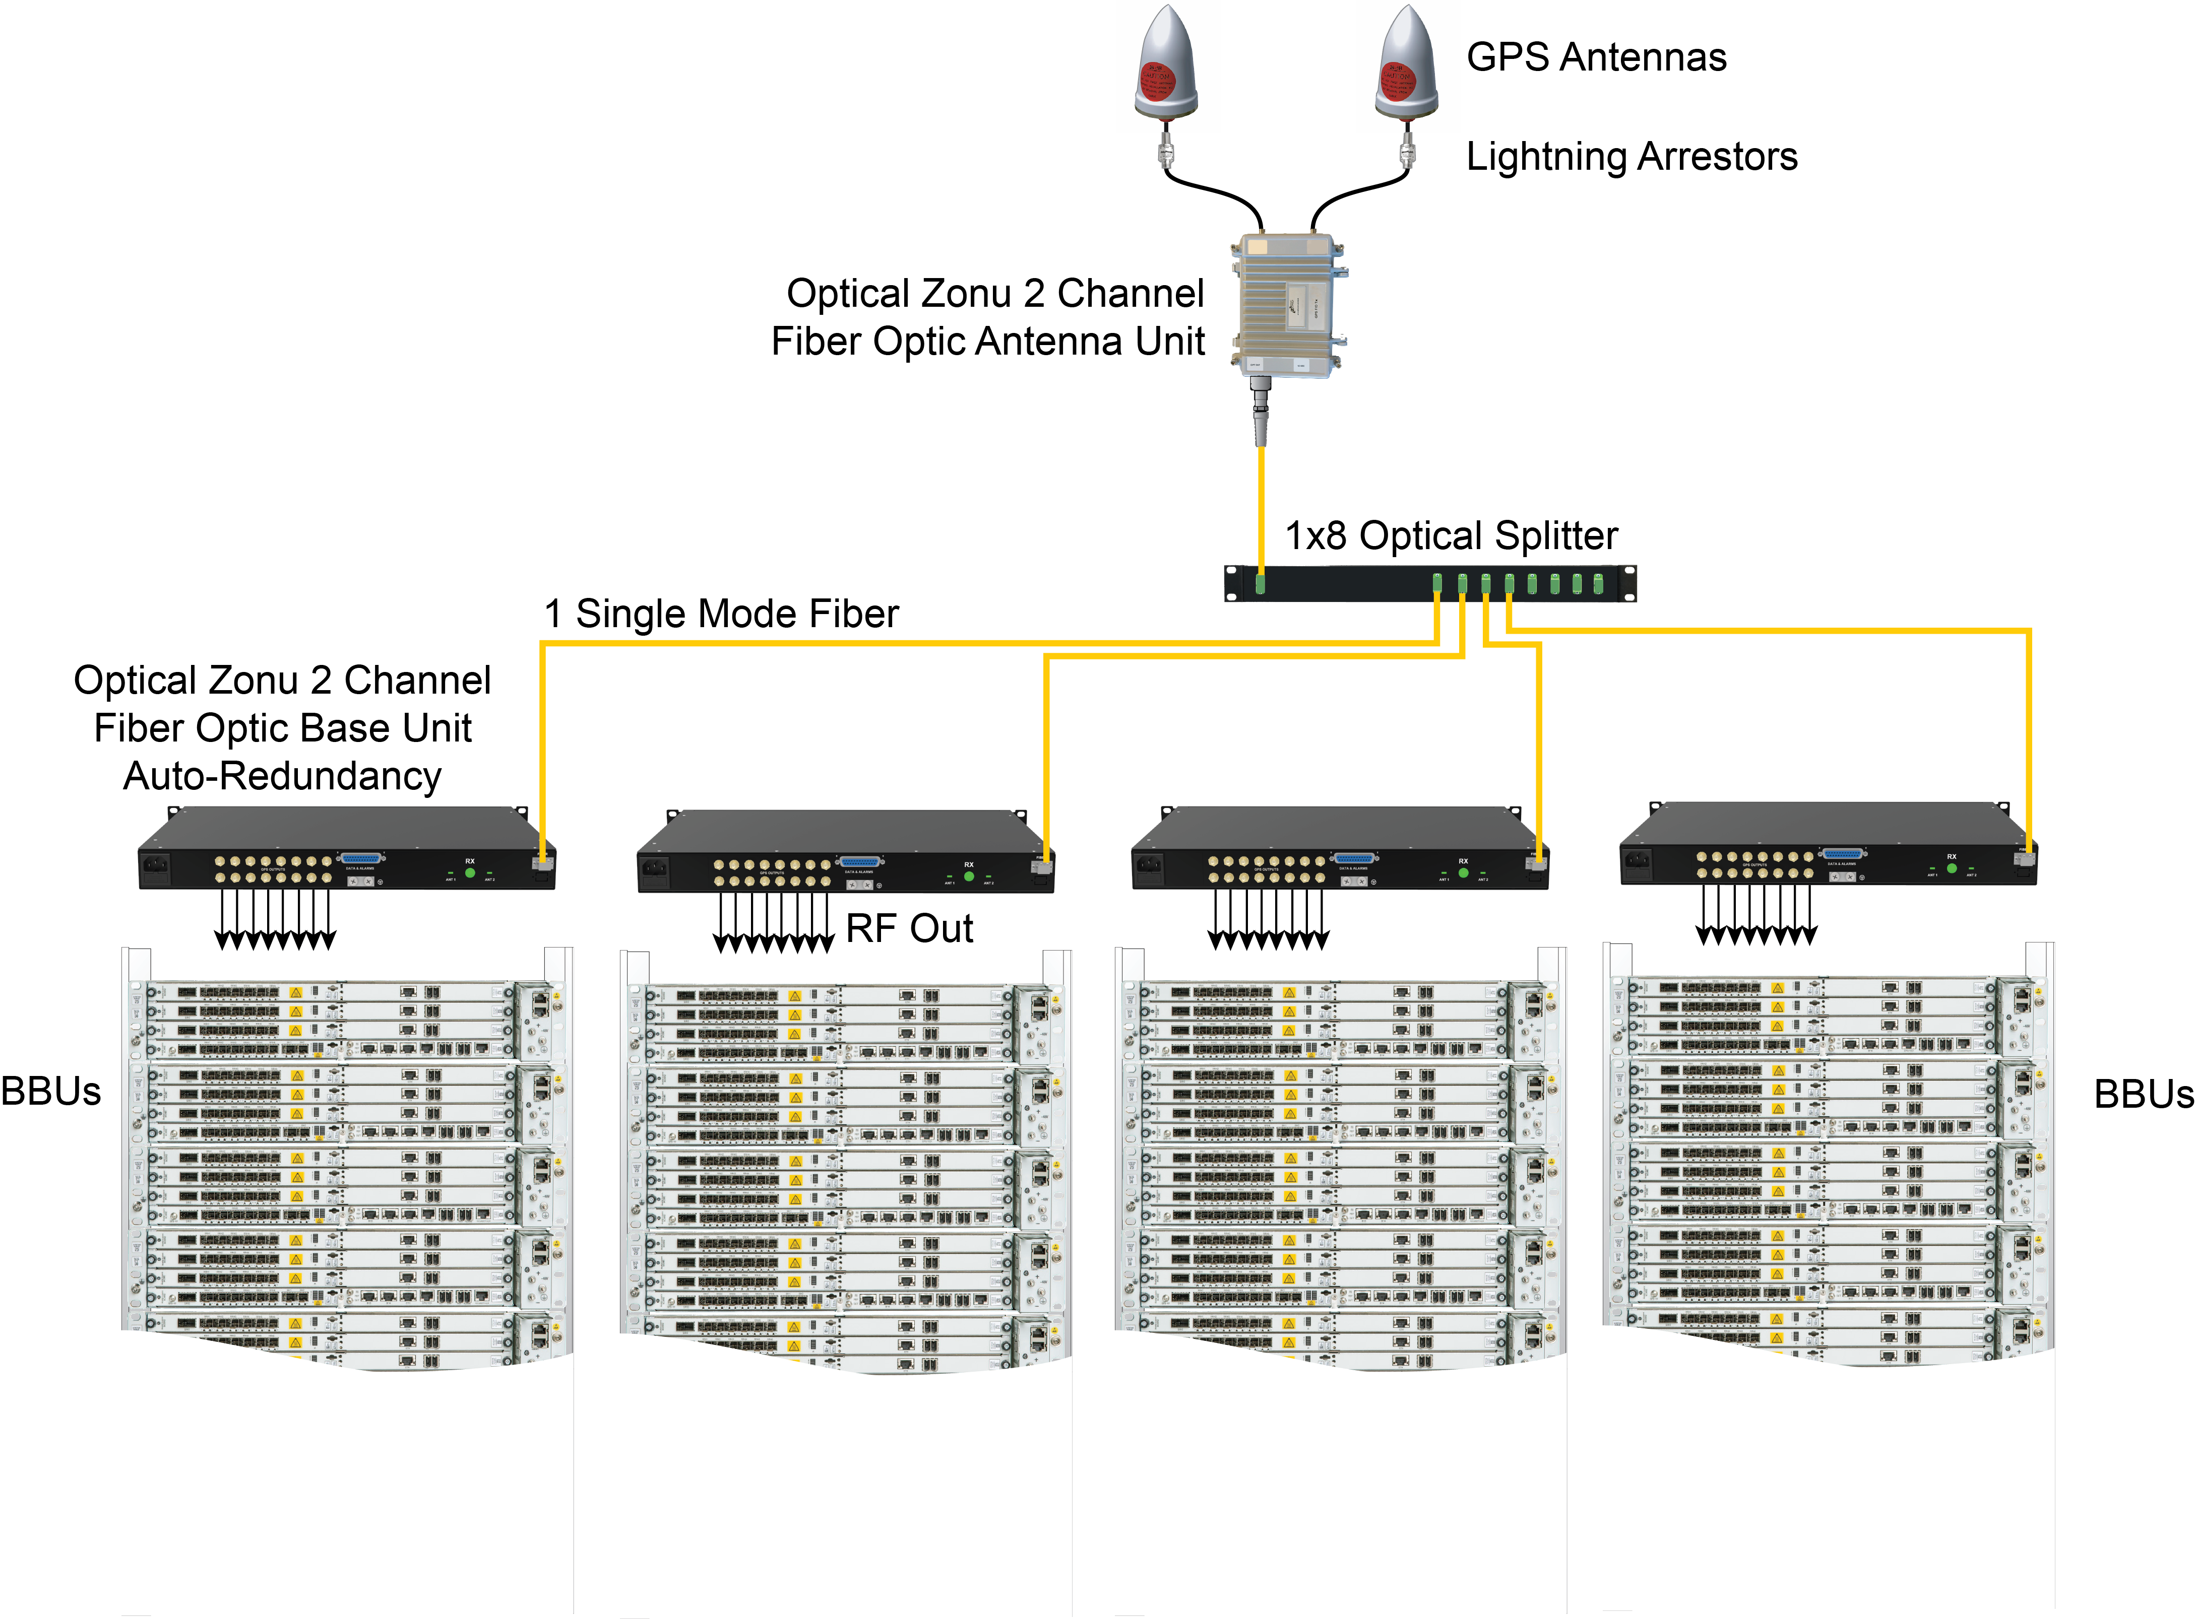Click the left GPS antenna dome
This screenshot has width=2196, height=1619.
[x=1167, y=63]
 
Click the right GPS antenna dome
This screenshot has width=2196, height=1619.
[x=1407, y=63]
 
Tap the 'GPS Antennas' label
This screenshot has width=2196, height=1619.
[x=1596, y=57]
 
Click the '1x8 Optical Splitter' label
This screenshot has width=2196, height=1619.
[x=1451, y=536]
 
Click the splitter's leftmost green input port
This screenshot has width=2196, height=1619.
[x=1261, y=584]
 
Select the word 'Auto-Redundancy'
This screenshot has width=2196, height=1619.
[x=282, y=776]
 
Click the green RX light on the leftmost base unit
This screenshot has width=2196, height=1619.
[x=470, y=872]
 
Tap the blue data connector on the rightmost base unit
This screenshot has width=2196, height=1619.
[x=1842, y=854]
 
